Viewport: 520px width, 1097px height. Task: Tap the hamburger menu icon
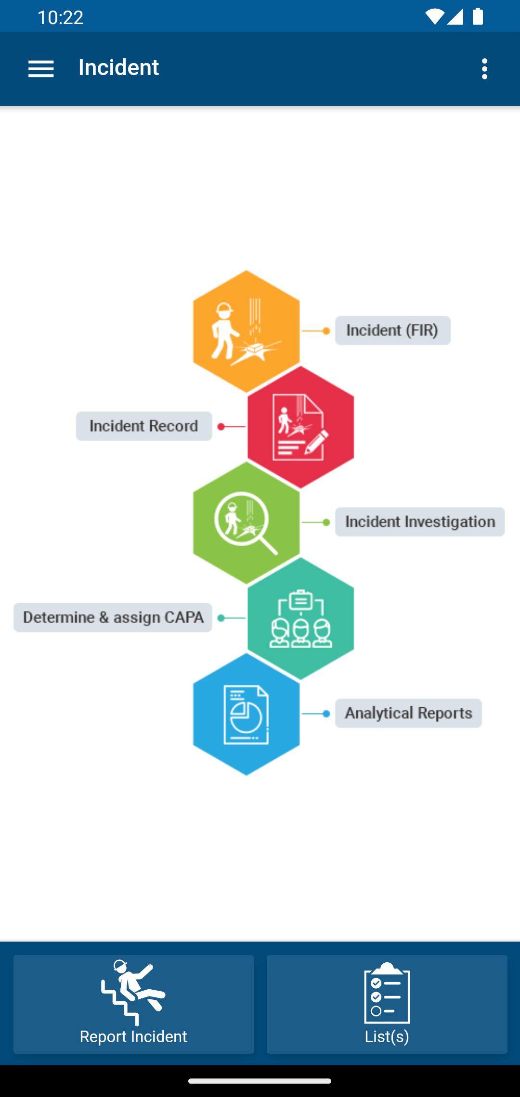tap(41, 69)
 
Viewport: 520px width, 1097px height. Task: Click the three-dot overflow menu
tap(484, 69)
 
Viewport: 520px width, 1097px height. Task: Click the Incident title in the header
tap(118, 67)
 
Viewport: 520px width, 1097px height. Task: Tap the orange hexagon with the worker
tap(247, 331)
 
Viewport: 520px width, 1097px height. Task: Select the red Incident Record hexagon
tap(301, 427)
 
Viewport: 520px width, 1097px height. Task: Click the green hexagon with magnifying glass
tap(247, 523)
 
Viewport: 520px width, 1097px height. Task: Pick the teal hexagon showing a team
tap(301, 618)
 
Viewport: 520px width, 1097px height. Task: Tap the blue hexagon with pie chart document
tap(247, 714)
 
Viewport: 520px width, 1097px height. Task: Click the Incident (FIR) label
tap(393, 331)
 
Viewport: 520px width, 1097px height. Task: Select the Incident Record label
tap(144, 426)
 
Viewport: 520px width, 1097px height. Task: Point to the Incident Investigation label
tap(420, 522)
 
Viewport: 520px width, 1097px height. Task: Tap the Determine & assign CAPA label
tap(113, 618)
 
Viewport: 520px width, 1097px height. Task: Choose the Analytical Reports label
tap(408, 714)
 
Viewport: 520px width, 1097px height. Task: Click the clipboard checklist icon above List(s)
tap(387, 993)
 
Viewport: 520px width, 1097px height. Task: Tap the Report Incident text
tap(133, 1036)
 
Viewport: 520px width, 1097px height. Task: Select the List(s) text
tap(387, 1036)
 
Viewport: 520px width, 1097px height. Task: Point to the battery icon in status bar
tap(478, 17)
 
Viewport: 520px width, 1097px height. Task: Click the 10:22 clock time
tap(61, 18)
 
